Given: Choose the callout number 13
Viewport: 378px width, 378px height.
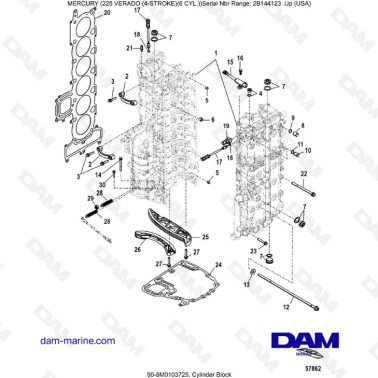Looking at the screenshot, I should click(x=238, y=287).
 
